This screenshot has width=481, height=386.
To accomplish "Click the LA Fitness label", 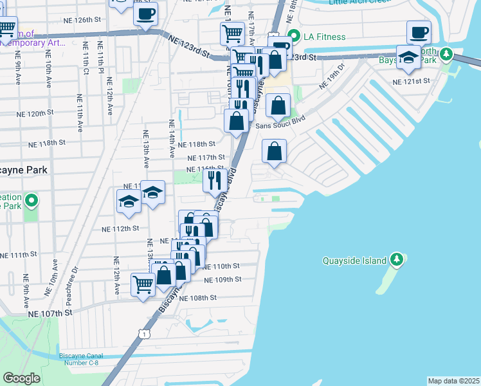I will pos(325,37).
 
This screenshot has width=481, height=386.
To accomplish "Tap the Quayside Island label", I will pos(354,261).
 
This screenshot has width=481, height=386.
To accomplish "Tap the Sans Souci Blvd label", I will pos(280,126).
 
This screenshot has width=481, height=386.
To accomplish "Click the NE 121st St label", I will pos(412,81).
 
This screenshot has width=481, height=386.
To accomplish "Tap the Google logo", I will pos(21,378).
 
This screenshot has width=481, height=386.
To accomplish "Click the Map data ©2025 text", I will pos(453,381).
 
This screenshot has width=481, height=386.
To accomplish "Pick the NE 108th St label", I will pos(199,298).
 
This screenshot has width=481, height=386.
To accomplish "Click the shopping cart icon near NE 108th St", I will pos(143,283).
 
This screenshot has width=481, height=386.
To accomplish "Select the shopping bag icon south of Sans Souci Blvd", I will pos(274,151).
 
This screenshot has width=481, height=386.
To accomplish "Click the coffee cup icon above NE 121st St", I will pos(419,32).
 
